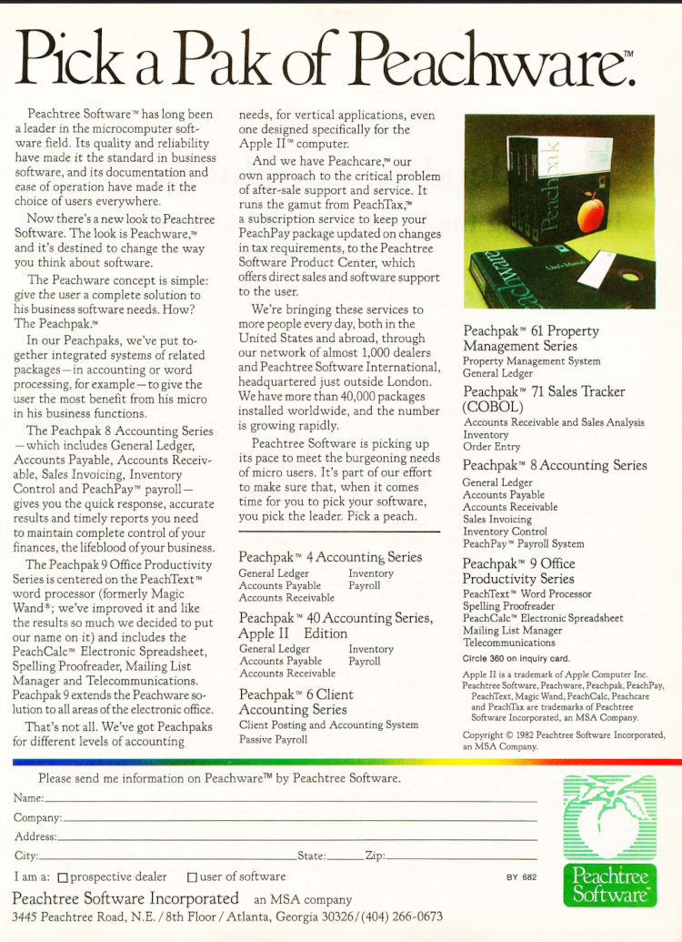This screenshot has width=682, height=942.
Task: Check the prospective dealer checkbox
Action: tap(63, 877)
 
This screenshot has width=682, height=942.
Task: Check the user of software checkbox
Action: tap(192, 877)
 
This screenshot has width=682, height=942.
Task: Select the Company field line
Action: tap(300, 818)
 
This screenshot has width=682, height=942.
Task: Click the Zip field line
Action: tap(461, 856)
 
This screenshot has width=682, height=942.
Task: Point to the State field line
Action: tap(345, 856)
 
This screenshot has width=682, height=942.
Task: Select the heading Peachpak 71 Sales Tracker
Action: tap(544, 399)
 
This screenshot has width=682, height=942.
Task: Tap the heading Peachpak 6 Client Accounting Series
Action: tap(296, 701)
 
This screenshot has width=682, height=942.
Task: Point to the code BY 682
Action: tap(522, 877)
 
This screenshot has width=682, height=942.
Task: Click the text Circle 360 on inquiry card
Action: tap(516, 657)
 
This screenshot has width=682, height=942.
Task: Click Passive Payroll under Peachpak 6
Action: tap(273, 739)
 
